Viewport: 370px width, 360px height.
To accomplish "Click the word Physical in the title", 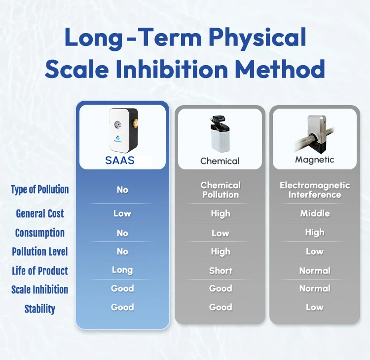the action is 257,38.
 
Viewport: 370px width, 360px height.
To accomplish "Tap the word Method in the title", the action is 280,69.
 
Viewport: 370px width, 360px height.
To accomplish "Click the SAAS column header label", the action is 120,160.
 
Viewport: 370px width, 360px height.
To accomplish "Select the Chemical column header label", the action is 220,161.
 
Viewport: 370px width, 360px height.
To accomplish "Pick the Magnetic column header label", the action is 315,160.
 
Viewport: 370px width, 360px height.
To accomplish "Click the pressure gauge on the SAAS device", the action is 117,124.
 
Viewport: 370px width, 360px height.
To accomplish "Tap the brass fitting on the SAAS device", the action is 136,122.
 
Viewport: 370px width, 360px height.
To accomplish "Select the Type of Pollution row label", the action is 40,190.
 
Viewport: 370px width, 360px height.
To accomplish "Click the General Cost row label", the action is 40,213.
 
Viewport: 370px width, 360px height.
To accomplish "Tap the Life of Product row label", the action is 40,271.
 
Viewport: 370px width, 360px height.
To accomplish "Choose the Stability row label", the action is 40,309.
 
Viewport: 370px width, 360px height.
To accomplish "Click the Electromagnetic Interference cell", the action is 315,190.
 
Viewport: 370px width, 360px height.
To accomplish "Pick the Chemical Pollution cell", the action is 221,190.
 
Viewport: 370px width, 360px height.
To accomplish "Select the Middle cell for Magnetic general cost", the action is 315,213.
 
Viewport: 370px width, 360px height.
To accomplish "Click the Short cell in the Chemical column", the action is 221,271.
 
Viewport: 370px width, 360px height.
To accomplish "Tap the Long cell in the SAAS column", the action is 122,270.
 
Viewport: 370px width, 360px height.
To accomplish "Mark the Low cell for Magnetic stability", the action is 315,307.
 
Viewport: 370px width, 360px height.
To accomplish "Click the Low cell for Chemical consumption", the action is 221,233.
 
